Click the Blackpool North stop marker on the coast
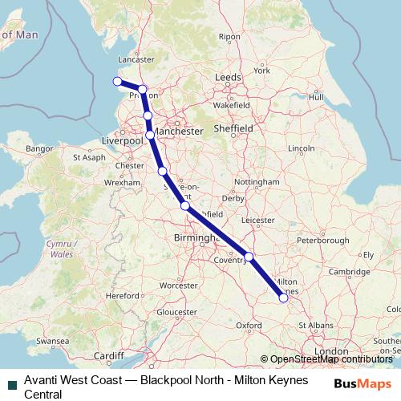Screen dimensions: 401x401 coord(117,81)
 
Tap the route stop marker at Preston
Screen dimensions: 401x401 coord(142,90)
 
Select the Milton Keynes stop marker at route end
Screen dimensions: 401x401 coord(283,298)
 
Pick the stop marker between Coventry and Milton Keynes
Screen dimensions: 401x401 coord(249,257)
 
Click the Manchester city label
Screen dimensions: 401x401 coord(177,131)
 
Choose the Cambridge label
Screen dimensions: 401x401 coord(346,272)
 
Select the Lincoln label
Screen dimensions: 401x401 coord(301,148)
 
